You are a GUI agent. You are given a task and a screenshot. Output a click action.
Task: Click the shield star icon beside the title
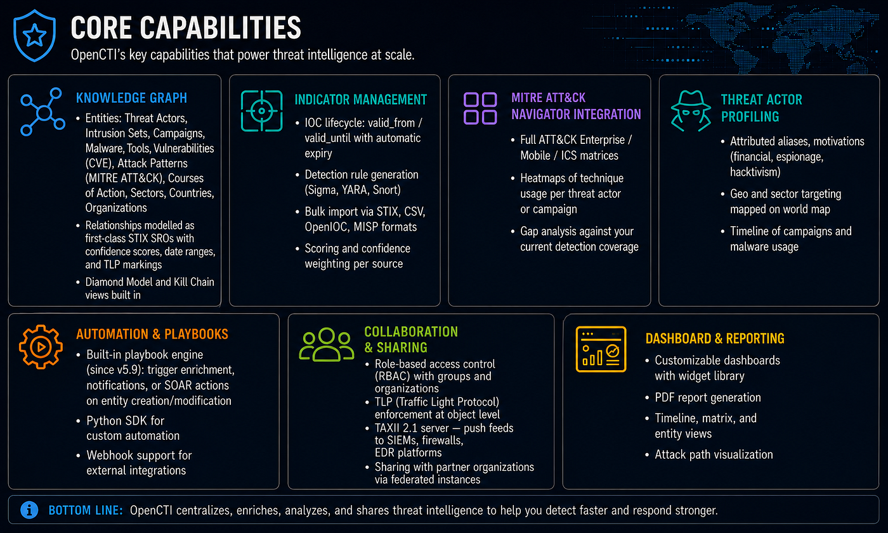pos(34,35)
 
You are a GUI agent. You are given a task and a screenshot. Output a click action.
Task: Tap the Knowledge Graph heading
pos(131,98)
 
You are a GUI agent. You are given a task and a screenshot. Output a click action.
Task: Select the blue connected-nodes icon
pos(43,112)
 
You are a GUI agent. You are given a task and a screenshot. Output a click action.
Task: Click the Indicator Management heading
pos(360,100)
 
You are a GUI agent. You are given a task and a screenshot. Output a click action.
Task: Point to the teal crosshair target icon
pos(261,111)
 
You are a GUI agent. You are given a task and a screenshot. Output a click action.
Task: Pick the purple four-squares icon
pos(480,108)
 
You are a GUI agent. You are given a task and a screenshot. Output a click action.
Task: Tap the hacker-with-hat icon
pos(691,111)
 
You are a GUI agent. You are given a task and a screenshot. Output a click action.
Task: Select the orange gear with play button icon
pos(41,347)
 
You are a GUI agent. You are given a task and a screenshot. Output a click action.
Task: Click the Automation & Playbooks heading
pos(152,334)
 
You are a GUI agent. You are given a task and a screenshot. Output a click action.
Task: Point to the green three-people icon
pos(326,344)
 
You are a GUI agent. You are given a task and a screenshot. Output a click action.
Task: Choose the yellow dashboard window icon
pos(601,349)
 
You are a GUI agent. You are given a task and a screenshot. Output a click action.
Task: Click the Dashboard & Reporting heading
pos(715,338)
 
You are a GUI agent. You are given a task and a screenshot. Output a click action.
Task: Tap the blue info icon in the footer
pos(29,510)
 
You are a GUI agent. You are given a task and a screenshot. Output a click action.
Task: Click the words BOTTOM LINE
pos(86,510)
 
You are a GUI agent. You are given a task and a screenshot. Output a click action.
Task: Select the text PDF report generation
pos(708,397)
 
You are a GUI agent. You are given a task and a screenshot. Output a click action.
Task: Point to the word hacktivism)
pos(755,172)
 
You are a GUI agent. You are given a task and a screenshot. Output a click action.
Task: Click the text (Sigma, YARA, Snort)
pos(353,190)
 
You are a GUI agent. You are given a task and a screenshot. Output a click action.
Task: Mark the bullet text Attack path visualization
pos(714,454)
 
